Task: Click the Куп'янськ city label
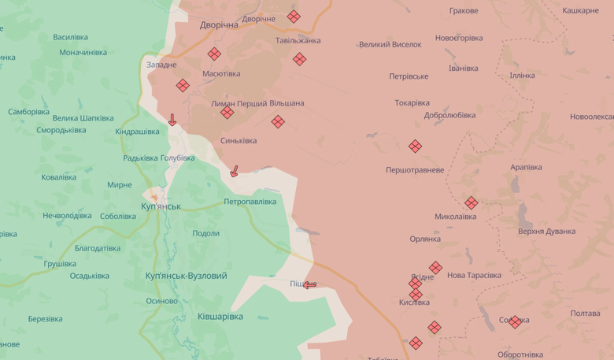pos(161,206)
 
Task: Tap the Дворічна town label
pos(219,25)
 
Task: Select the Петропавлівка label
pos(250,202)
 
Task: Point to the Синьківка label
pos(238,141)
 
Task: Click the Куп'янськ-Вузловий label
pos(186,276)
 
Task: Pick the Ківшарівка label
pos(220,317)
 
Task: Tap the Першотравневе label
pos(414,170)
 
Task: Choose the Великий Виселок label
pos(390,45)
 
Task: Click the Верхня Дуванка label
pos(546,232)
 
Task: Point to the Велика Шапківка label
pos(83,118)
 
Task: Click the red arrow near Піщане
pos(309,284)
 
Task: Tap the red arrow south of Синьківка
pos(233,171)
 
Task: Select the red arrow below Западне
pos(172,120)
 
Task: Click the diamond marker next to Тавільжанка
pos(299,59)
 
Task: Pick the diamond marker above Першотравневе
pos(415,146)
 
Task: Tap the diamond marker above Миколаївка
pos(471,202)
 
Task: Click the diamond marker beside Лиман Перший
pos(227,113)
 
